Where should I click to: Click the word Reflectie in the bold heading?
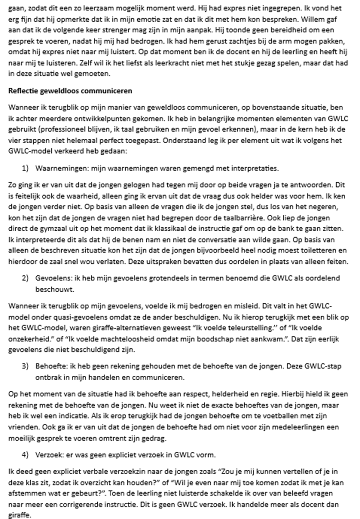22,91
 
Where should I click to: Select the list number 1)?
25,168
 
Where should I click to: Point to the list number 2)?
25,278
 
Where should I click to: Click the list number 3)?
25,366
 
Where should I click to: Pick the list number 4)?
25,455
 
